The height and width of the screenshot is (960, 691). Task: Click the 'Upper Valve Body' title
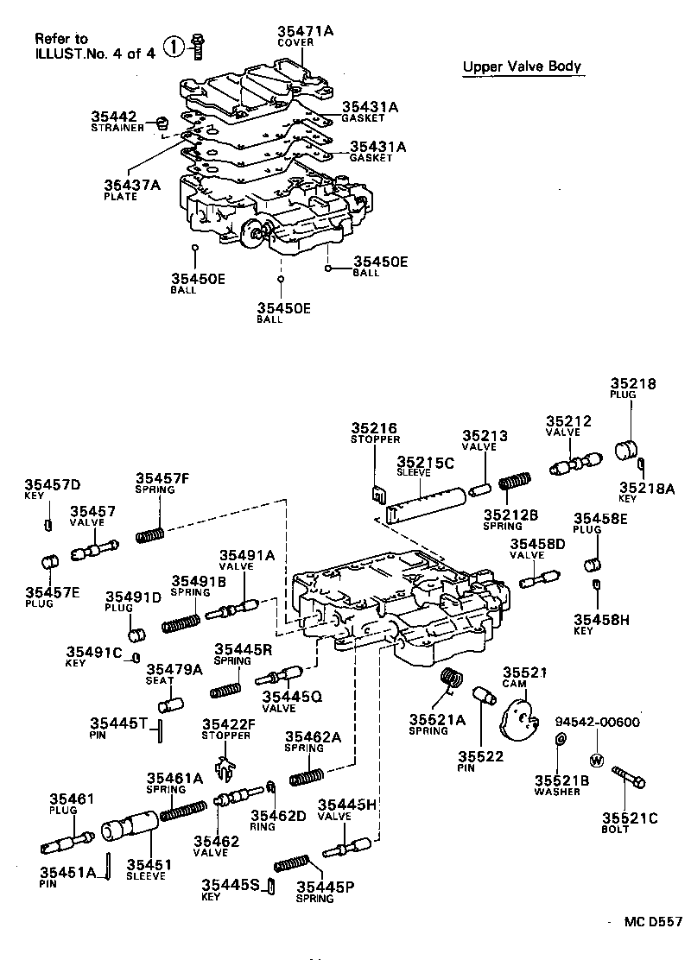click(522, 67)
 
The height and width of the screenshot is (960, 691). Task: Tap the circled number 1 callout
click(175, 47)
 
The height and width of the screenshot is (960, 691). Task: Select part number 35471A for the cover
click(305, 31)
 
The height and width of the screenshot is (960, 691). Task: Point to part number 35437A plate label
click(132, 184)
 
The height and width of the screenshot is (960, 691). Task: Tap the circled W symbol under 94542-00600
click(595, 761)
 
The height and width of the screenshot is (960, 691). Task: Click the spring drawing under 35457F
click(151, 534)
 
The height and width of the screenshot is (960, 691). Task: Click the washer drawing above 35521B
click(560, 739)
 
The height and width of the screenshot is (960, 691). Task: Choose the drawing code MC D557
click(653, 921)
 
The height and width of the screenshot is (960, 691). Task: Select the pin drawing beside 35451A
click(110, 864)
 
